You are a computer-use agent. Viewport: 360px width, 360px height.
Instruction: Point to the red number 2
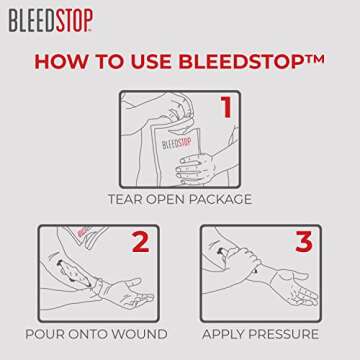(x=141, y=243)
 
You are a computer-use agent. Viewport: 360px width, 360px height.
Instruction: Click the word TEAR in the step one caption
(x=128, y=198)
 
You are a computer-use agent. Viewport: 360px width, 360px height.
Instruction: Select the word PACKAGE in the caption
(x=222, y=198)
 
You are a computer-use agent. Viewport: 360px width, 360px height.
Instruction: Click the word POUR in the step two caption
(x=47, y=333)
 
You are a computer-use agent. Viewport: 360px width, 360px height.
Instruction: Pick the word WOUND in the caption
(x=139, y=333)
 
